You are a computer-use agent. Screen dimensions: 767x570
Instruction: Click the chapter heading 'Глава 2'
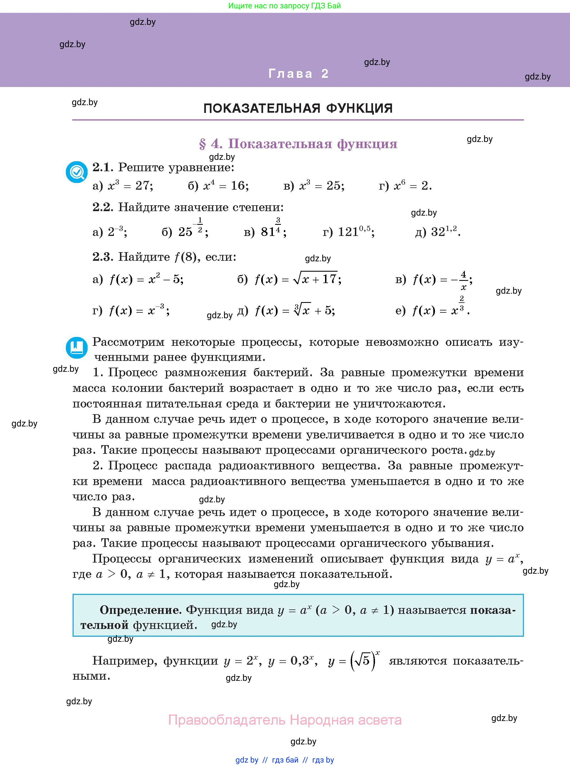point(299,73)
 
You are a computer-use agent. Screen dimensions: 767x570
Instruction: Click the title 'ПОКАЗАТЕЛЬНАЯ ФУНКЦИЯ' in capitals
point(298,108)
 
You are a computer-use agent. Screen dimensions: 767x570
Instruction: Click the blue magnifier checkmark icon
point(77,172)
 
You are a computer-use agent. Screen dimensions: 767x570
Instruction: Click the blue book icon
point(77,347)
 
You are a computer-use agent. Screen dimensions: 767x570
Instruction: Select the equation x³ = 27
point(130,185)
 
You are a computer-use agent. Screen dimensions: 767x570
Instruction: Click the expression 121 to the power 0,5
point(355,231)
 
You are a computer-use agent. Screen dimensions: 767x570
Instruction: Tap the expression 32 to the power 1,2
point(445,231)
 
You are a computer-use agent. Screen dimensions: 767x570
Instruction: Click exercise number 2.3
point(102,257)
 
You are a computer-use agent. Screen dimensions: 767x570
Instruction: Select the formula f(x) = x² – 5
point(146,279)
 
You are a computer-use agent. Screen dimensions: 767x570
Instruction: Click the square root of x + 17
point(315,278)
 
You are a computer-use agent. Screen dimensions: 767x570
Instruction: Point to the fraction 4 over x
point(463,280)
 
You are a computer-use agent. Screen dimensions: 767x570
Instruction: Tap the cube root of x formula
point(302,310)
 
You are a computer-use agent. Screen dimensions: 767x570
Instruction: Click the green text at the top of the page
point(285,6)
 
